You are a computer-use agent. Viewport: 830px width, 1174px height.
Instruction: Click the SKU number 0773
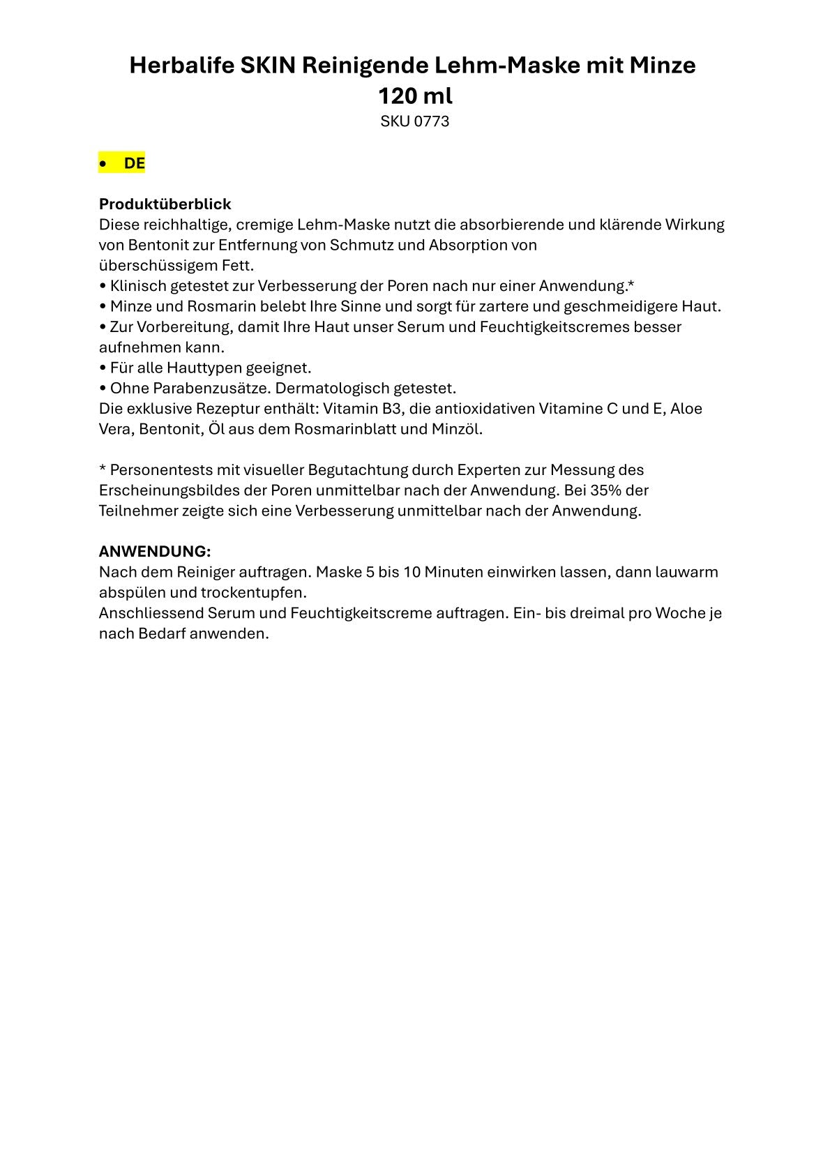coord(432,121)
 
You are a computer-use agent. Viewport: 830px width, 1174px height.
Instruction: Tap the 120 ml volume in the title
coord(415,95)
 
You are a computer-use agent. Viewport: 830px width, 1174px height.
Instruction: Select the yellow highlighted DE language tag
coord(134,163)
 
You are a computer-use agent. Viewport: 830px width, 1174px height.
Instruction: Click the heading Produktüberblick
coord(165,204)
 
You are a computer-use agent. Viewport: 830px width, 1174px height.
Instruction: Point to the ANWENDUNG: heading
coord(155,551)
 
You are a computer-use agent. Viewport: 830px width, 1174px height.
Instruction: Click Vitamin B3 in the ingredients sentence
coord(362,408)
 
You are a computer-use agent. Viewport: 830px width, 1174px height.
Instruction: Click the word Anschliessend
coord(151,613)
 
